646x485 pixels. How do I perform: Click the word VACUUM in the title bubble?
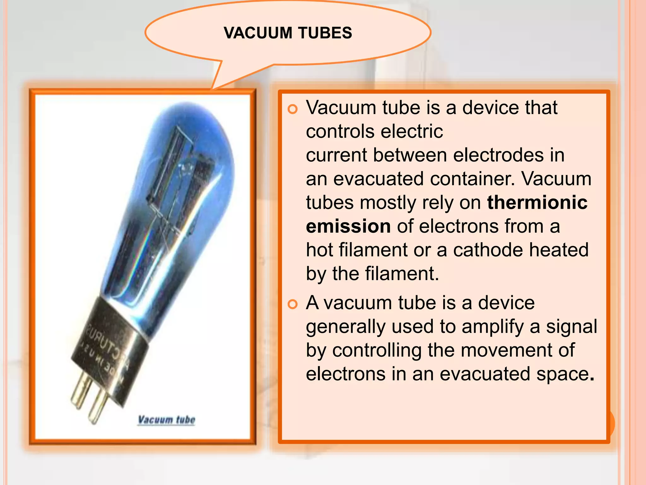[258, 33]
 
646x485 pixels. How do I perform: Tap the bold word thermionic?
[537, 202]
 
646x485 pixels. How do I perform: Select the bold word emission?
[348, 226]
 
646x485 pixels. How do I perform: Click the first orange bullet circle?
[293, 109]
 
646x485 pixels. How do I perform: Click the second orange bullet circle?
[293, 304]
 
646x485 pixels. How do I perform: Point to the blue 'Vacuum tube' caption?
[167, 420]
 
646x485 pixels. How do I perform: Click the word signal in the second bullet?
[572, 326]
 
